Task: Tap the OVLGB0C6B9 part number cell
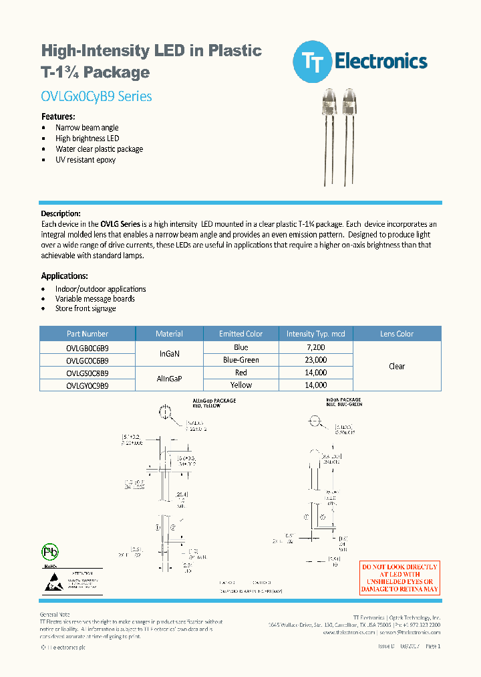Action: click(x=88, y=348)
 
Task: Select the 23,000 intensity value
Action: click(x=315, y=360)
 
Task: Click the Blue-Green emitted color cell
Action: click(x=241, y=360)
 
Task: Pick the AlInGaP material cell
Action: click(x=169, y=379)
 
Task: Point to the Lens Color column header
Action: click(x=397, y=334)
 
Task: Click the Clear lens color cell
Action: click(x=397, y=366)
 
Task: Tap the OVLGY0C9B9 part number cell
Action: click(x=88, y=385)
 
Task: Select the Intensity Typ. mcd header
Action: click(x=315, y=334)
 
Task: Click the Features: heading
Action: click(x=58, y=116)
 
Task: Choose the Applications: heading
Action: click(x=64, y=276)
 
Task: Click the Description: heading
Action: click(x=61, y=213)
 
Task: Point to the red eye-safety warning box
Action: click(x=400, y=578)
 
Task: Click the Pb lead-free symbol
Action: click(x=49, y=552)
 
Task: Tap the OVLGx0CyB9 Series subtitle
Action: click(x=96, y=96)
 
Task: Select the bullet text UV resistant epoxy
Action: click(x=86, y=160)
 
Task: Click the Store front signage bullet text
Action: click(x=86, y=308)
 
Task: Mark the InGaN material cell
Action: click(x=169, y=353)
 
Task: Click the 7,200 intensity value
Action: click(x=315, y=348)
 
